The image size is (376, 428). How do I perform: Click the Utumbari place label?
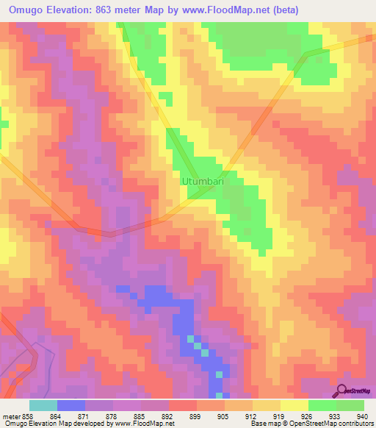coord(202,180)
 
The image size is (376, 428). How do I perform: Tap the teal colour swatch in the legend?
coord(43,406)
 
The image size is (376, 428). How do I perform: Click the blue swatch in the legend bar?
coord(71,406)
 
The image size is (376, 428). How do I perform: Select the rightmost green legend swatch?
coord(350,406)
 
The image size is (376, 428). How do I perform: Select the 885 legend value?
coord(148,417)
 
